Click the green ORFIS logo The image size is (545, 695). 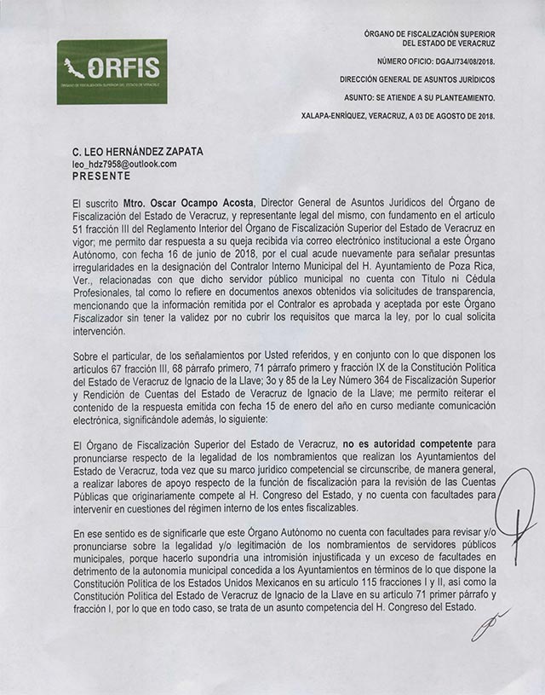[112, 71]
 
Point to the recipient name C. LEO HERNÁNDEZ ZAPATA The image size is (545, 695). [138, 151]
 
